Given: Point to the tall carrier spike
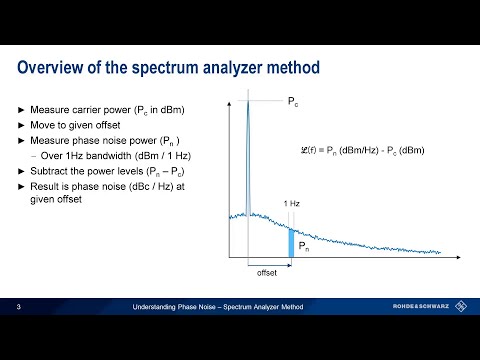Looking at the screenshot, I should point(247,150).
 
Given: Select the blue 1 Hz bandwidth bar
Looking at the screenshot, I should point(292,243).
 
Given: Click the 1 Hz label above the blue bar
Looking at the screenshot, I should point(291,204).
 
